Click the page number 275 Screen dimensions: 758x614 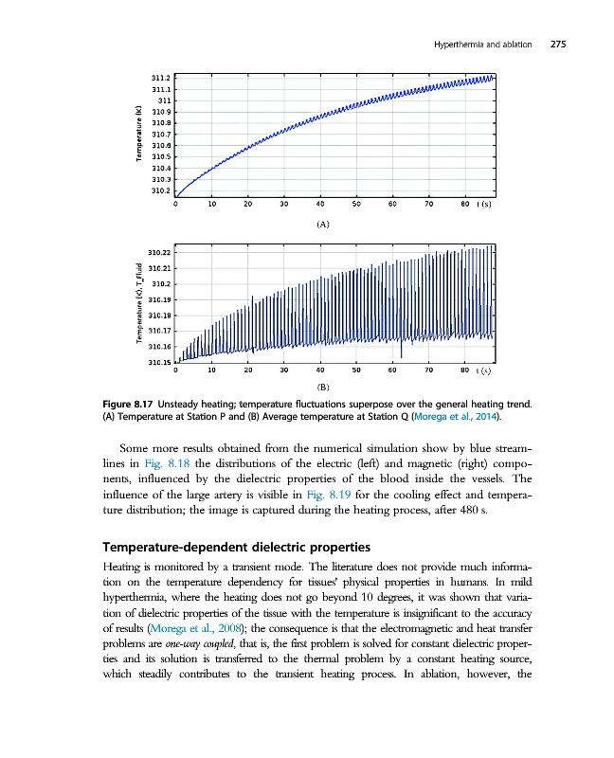coord(557,45)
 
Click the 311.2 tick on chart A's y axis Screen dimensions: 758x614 coord(161,78)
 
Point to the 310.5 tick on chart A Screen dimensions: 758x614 coord(161,156)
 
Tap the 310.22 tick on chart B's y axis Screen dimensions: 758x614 coord(160,253)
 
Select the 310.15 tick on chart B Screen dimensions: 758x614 coord(160,362)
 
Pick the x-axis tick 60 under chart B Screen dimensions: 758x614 coord(392,371)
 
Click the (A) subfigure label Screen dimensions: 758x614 coord(322,226)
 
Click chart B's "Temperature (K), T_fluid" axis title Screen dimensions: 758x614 coord(138,307)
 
